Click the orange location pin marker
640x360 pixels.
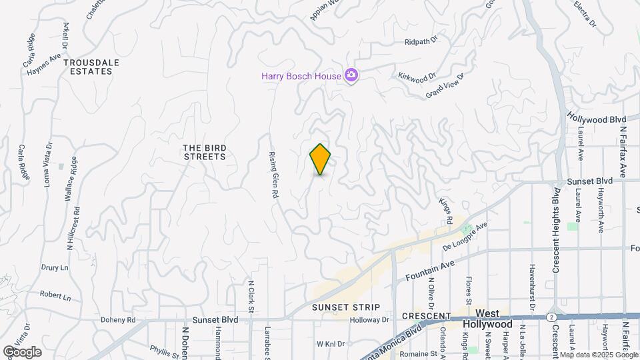(320, 159)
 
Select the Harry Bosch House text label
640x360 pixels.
(301, 76)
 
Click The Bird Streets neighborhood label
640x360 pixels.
(205, 151)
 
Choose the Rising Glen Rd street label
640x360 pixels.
(273, 174)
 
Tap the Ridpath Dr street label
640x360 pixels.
(420, 41)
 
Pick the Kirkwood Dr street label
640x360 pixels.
(416, 76)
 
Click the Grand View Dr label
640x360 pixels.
(445, 86)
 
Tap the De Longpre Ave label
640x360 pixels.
(465, 237)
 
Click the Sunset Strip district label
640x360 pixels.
(346, 307)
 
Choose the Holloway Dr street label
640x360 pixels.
(369, 320)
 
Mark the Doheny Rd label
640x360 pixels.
(118, 320)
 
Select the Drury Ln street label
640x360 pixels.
(55, 267)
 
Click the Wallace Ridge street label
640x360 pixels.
(74, 176)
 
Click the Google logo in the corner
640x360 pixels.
(22, 351)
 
